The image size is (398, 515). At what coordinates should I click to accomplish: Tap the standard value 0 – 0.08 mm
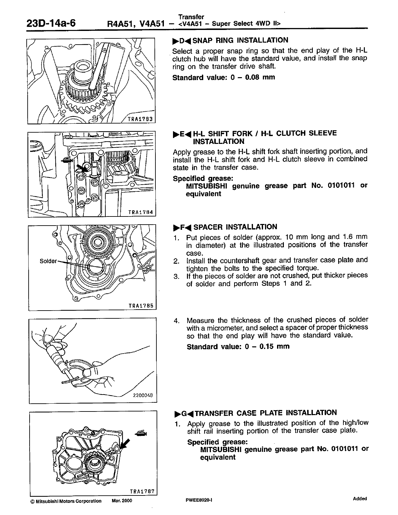click(224, 77)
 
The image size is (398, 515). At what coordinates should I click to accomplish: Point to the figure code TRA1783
click(140, 119)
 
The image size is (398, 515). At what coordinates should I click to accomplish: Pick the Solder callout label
click(48, 261)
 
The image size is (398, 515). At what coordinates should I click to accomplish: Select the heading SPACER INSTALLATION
click(235, 227)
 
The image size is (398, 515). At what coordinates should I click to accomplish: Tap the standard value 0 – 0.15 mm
click(238, 346)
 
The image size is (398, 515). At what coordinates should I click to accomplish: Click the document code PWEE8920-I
click(196, 501)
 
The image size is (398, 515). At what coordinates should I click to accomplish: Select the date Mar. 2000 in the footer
click(122, 501)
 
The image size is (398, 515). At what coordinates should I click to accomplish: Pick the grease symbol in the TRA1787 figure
click(142, 433)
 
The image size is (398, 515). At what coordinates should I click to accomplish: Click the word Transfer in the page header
click(191, 17)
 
